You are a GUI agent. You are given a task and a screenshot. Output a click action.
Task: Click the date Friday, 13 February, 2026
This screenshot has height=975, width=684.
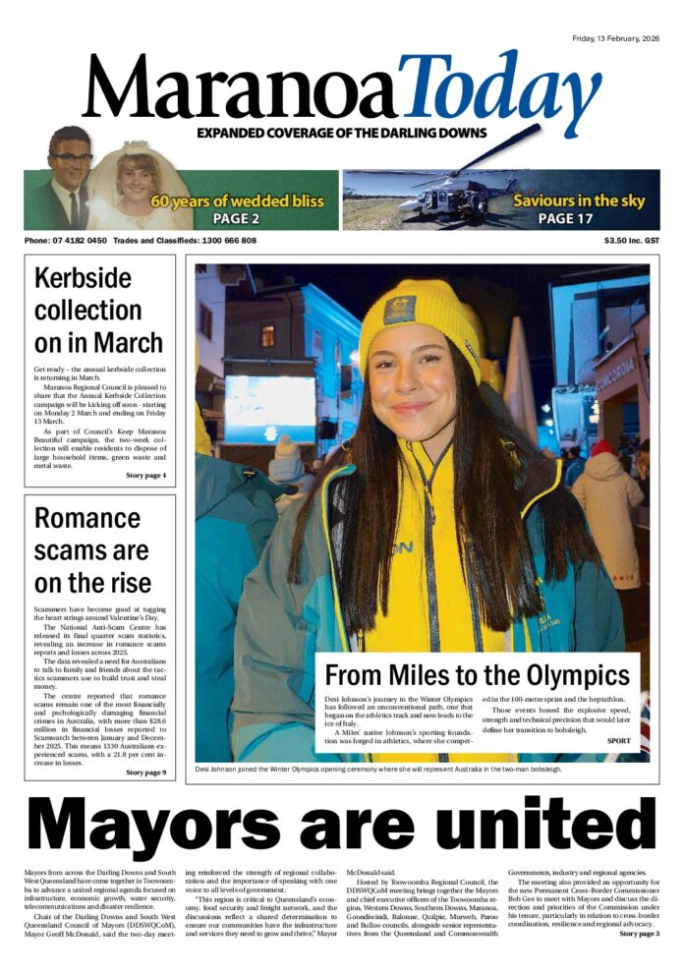(616, 38)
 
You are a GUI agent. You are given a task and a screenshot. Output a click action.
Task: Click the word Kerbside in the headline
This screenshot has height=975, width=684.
(83, 277)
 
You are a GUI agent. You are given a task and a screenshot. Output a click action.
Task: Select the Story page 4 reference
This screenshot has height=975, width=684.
(145, 476)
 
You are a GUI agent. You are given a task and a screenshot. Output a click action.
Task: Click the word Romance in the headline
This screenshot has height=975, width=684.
(87, 517)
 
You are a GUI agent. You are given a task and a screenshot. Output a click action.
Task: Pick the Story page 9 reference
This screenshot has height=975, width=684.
(145, 773)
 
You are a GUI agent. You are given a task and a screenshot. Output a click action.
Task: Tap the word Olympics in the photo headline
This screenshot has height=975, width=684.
(574, 675)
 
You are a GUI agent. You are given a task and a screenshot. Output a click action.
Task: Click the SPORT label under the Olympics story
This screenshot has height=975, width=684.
(619, 740)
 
